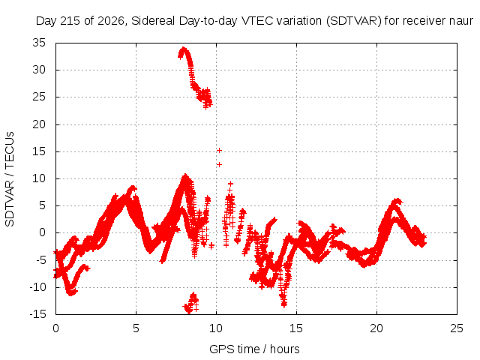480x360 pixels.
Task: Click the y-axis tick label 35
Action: pos(39,43)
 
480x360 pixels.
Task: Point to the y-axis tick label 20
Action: pos(39,124)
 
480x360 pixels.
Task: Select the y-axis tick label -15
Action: pos(37,314)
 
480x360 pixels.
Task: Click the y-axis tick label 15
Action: pos(39,151)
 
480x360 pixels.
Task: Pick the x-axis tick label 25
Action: pos(457,328)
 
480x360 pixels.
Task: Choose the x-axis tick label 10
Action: pos(216,328)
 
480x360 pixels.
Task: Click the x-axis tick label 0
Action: pos(55,328)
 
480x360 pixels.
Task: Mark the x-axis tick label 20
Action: pos(376,328)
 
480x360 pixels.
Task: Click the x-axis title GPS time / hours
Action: pos(254,349)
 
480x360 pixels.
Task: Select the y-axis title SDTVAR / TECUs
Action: pos(10,179)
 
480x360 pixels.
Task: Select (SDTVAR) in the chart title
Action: pos(353,21)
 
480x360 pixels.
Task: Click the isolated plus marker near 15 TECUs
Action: pos(219,150)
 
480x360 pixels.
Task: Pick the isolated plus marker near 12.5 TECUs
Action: pos(219,165)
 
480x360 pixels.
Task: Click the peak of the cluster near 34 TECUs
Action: pos(183,48)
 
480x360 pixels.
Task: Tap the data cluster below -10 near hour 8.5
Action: pos(192,303)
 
